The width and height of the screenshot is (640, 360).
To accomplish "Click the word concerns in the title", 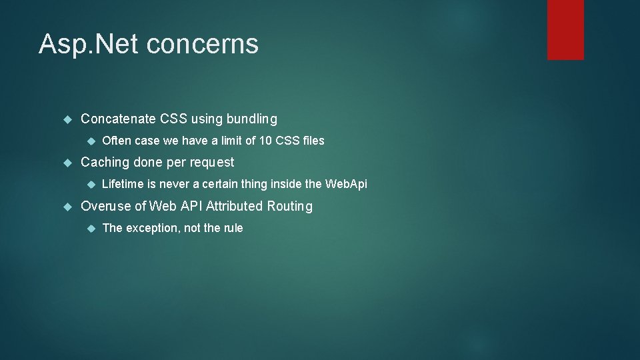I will (x=202, y=44).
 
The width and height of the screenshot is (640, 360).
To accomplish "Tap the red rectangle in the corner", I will (x=565, y=30).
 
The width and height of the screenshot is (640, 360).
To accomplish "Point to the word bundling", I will (x=251, y=120).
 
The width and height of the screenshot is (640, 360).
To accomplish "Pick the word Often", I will (x=117, y=141).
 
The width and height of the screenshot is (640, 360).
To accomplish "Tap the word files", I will (x=312, y=141).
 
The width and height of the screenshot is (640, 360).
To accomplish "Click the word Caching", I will (x=105, y=162).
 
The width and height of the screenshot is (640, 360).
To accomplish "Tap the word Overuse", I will (x=106, y=206).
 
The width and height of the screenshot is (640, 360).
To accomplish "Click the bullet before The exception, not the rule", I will (x=92, y=228).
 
